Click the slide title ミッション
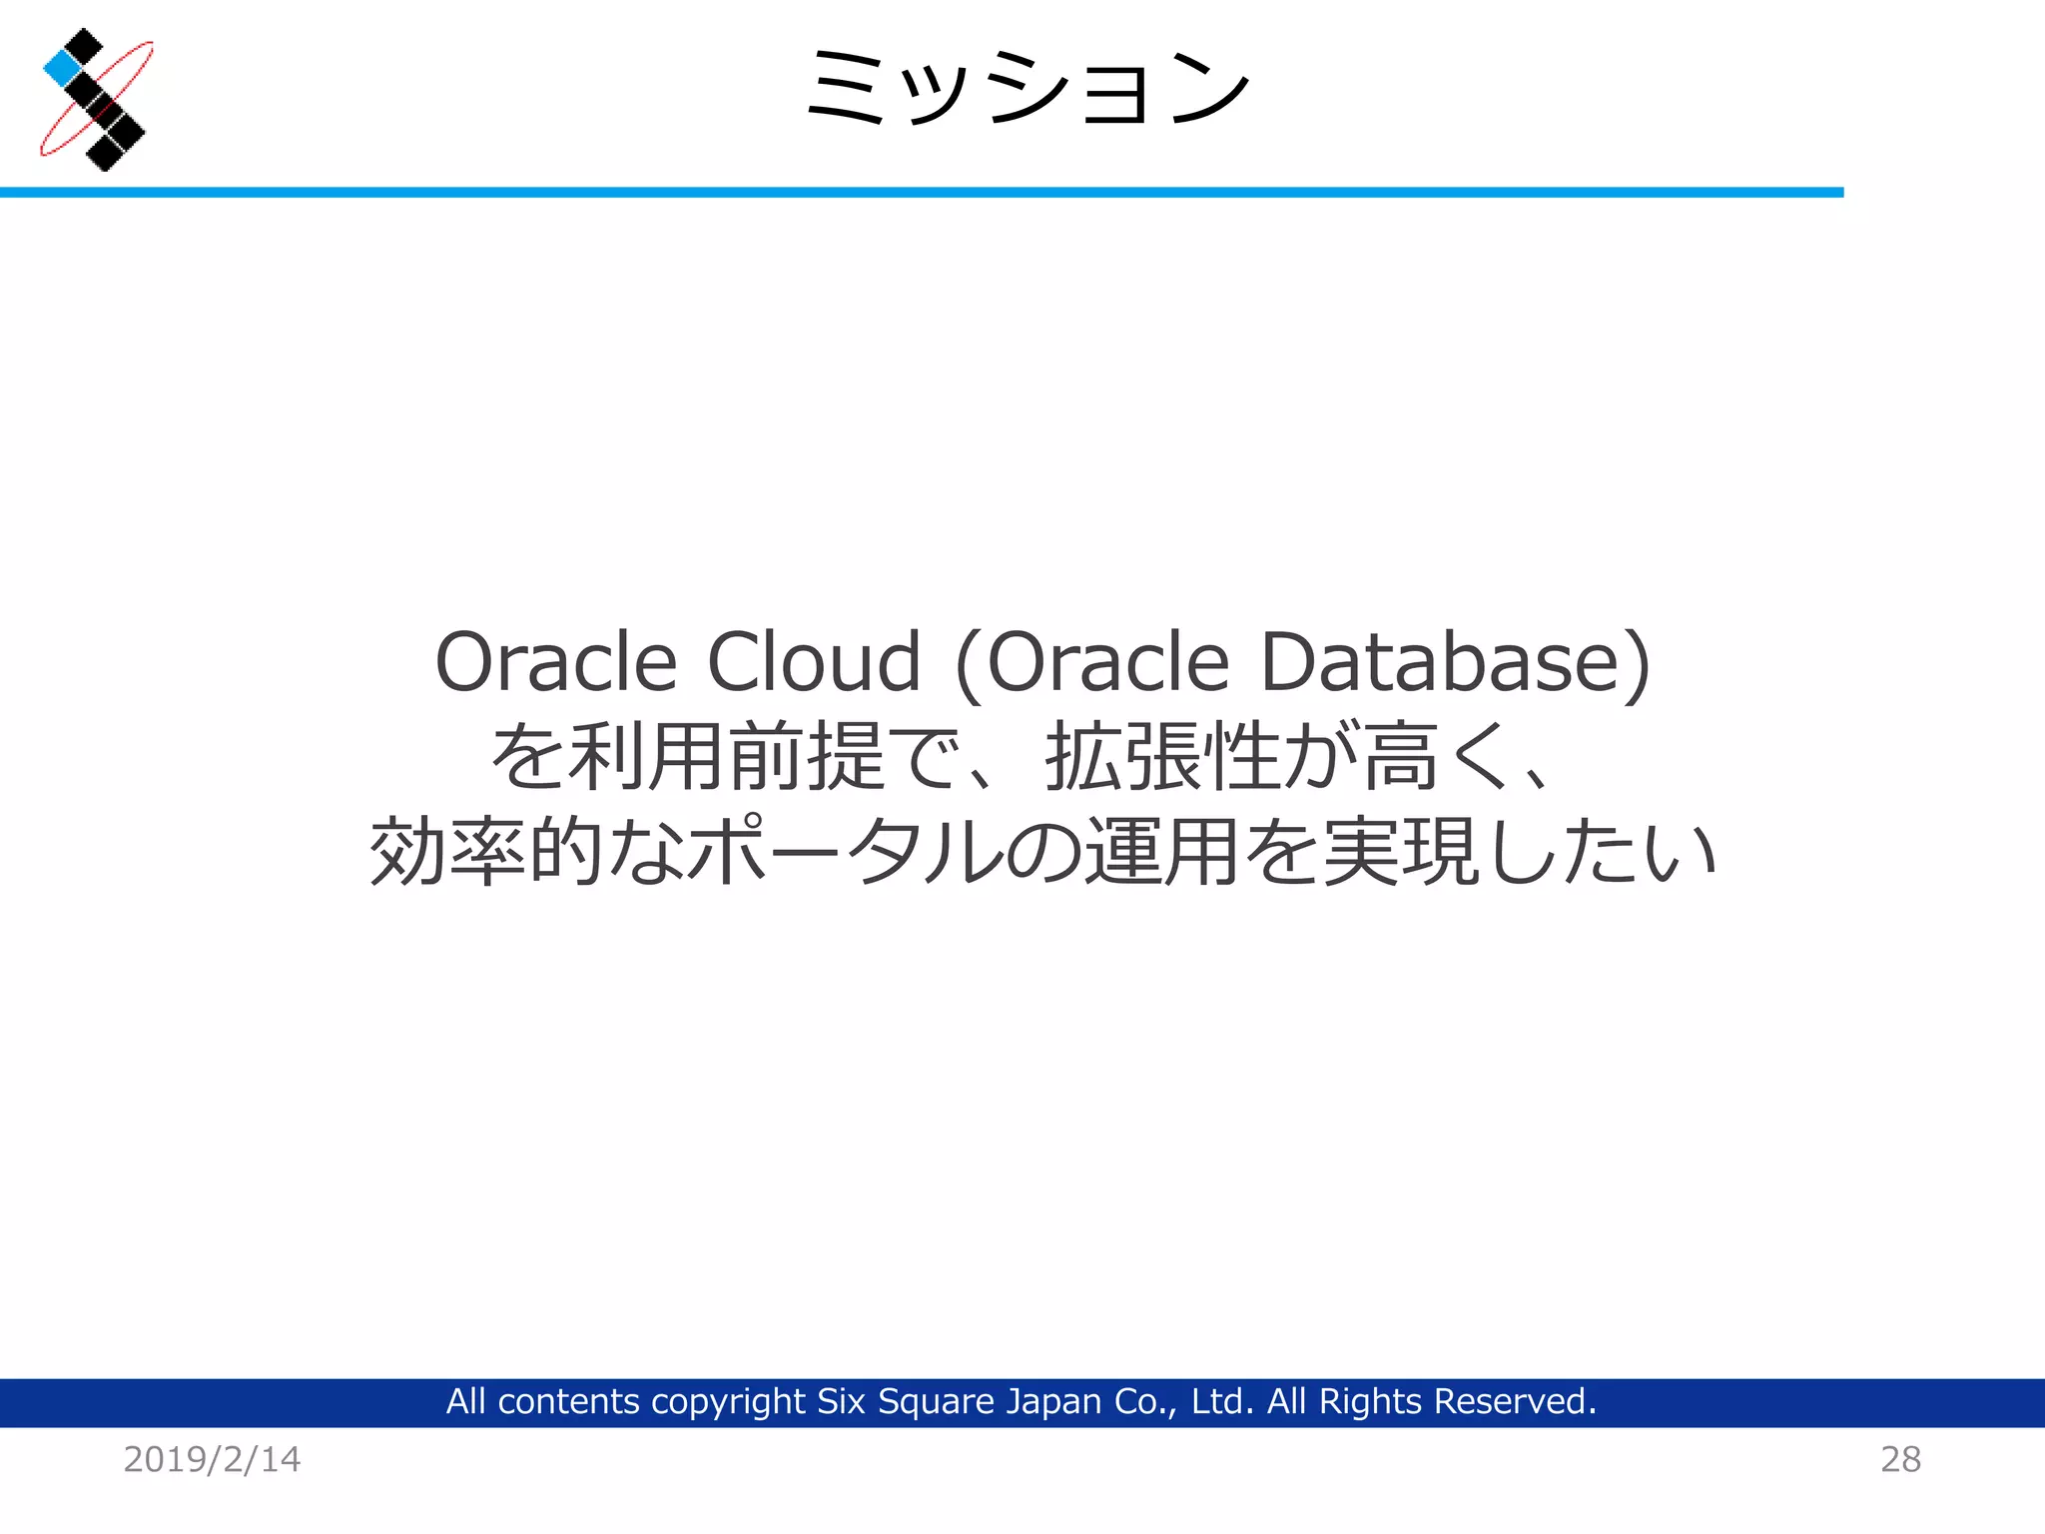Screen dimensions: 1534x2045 pos(1027,87)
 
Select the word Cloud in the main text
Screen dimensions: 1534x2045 pos(814,662)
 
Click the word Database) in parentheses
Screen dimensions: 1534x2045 pos(1456,662)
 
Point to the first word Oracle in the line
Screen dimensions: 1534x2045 pos(556,662)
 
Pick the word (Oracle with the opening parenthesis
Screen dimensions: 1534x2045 pos(1091,662)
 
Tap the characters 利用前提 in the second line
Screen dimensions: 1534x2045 pos(726,757)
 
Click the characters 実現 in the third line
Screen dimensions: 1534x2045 pos(1400,852)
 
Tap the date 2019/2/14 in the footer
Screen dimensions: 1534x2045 pos(212,1459)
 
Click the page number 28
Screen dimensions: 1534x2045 pos(1900,1459)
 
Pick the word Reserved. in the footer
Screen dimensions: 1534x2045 pos(1515,1402)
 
